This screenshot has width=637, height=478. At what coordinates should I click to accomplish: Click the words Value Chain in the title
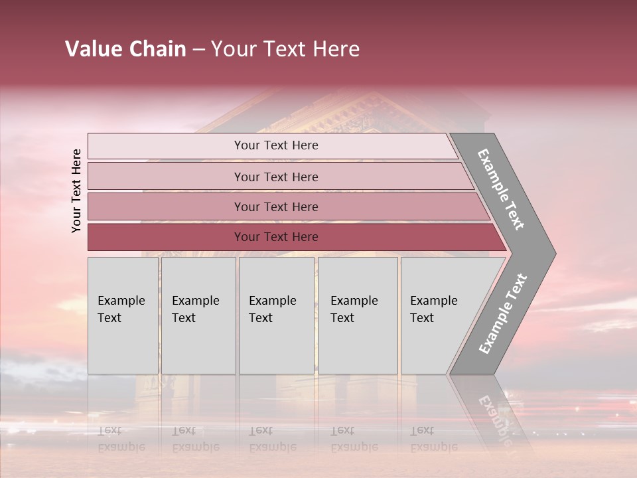coord(125,49)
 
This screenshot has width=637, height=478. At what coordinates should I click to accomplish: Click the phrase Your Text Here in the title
coord(285,49)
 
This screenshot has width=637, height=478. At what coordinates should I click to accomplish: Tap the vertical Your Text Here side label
coord(77,191)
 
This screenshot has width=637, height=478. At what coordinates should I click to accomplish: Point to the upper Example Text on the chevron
coord(501,189)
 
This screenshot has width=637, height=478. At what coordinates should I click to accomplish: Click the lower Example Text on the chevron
coord(502,314)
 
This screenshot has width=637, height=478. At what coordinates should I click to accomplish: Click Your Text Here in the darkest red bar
coord(276,237)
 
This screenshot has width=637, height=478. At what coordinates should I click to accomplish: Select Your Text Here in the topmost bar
coord(276,145)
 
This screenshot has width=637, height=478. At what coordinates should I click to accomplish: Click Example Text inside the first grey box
coord(121,309)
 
